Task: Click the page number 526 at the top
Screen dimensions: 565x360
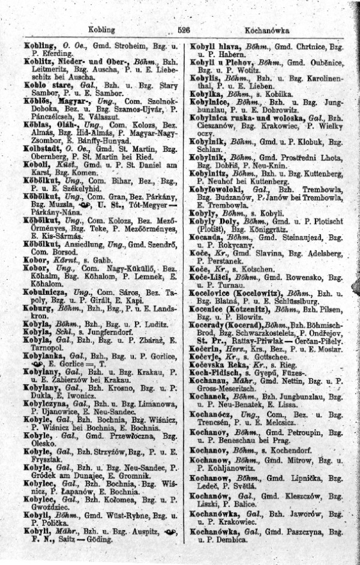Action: pyautogui.click(x=184, y=29)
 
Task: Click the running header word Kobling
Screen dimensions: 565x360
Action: pyautogui.click(x=100, y=29)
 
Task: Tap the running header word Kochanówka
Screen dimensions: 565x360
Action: pyautogui.click(x=267, y=29)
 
